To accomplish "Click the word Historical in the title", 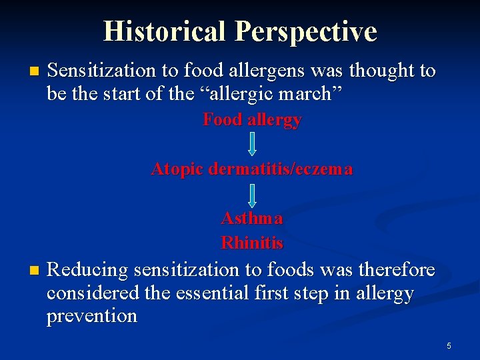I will (165, 31).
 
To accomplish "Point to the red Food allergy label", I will (252, 120).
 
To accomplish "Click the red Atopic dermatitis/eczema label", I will (252, 169).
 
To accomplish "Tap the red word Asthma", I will (252, 219).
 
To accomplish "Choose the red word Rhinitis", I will (252, 243).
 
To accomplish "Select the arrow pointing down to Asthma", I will (253, 194).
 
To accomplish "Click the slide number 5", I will (449, 345).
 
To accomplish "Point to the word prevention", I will (92, 316).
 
